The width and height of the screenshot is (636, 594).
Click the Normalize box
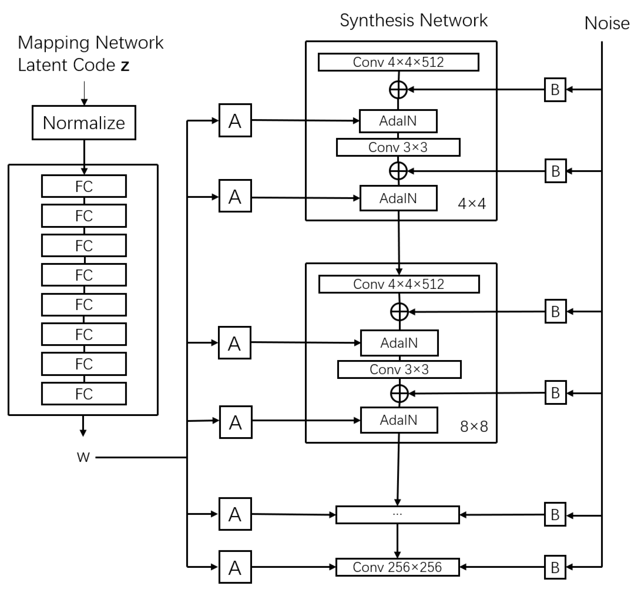click(x=84, y=123)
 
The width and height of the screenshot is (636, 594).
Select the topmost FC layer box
click(x=84, y=186)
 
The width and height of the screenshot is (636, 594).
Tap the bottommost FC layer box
click(x=84, y=394)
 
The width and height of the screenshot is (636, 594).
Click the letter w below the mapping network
click(x=83, y=457)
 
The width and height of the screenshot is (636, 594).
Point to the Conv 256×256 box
click(x=397, y=567)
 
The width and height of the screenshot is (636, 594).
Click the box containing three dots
click(x=397, y=515)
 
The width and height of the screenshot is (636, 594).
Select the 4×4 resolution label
click(x=472, y=204)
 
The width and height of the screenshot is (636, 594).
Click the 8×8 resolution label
click(x=474, y=427)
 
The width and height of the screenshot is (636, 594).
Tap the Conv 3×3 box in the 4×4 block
click(x=398, y=147)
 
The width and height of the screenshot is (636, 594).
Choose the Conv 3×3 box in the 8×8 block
click(x=399, y=369)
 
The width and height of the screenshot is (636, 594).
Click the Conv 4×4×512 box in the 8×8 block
click(x=399, y=284)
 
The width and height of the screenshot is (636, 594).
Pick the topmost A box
click(x=235, y=120)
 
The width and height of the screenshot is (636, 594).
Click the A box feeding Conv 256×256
click(x=235, y=567)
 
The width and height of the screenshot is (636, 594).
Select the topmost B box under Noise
click(x=555, y=90)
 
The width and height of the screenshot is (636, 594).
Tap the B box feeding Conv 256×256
click(x=555, y=567)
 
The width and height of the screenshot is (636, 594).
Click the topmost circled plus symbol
click(x=398, y=90)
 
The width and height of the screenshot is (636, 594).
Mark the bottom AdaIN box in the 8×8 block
click(x=399, y=420)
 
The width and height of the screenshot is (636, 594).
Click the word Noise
click(x=607, y=23)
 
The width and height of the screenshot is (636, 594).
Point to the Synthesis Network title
click(x=413, y=21)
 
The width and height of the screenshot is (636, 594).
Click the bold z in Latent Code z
click(x=125, y=65)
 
